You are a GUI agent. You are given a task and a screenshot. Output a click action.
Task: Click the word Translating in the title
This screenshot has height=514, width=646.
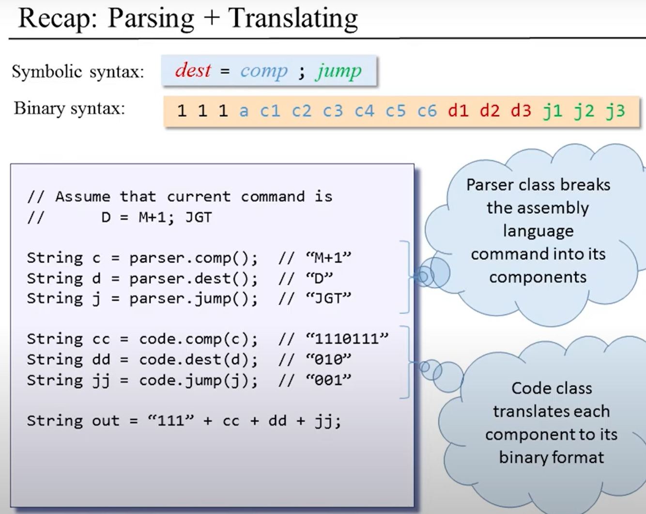click(293, 18)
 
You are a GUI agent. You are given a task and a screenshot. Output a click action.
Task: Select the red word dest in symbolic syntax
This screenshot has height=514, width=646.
click(193, 71)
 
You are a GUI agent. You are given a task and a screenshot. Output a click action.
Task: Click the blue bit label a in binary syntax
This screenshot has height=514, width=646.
click(244, 111)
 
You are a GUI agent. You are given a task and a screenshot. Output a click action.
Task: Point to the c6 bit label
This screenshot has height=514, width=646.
click(427, 111)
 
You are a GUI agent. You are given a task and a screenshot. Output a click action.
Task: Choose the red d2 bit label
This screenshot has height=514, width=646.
click(489, 111)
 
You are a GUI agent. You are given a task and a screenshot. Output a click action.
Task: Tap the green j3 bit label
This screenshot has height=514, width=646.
click(615, 111)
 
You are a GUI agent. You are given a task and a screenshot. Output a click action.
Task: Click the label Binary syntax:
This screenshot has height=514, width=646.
click(69, 108)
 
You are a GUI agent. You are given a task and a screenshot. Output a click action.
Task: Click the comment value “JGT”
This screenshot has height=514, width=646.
click(328, 298)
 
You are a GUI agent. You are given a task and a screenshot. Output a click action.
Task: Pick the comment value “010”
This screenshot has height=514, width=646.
click(328, 359)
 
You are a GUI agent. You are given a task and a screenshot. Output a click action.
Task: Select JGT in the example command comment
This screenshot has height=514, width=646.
click(199, 218)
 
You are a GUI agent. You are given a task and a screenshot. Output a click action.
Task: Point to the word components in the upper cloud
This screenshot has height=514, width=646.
click(538, 277)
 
